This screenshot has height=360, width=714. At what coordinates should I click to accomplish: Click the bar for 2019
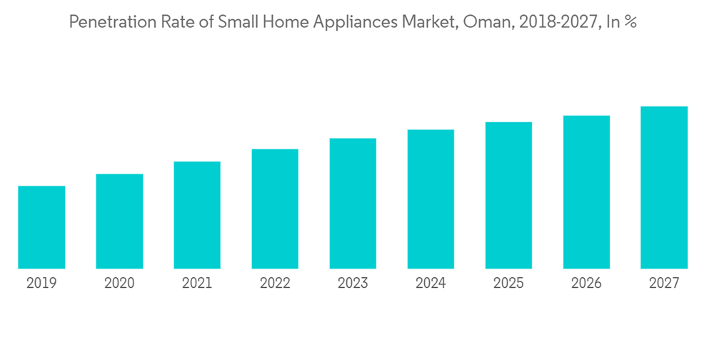coord(41,227)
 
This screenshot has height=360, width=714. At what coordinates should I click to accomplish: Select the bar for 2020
coord(119,221)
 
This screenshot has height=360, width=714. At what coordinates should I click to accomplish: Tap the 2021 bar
coord(197,215)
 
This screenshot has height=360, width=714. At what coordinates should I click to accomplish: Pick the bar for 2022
coord(275,209)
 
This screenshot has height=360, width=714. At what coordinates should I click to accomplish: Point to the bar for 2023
coord(353,204)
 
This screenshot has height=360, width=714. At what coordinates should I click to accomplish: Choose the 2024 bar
coord(431,199)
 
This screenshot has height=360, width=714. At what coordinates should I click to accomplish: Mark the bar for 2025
coord(508,195)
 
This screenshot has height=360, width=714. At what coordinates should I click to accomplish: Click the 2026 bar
coord(586,192)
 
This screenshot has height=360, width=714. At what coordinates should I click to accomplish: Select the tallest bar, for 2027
coord(664,187)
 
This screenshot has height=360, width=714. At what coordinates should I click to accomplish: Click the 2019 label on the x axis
coord(41,283)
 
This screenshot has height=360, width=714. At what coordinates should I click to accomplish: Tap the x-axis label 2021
coord(197,283)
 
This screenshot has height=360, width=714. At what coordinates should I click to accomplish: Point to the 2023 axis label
coord(353,283)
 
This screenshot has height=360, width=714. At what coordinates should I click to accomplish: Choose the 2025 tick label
coord(508,283)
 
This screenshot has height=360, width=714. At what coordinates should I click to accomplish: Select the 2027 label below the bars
coord(664,283)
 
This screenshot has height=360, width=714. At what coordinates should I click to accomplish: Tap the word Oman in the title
coord(506,23)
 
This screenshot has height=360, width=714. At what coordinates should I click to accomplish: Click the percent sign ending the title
coord(631,23)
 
